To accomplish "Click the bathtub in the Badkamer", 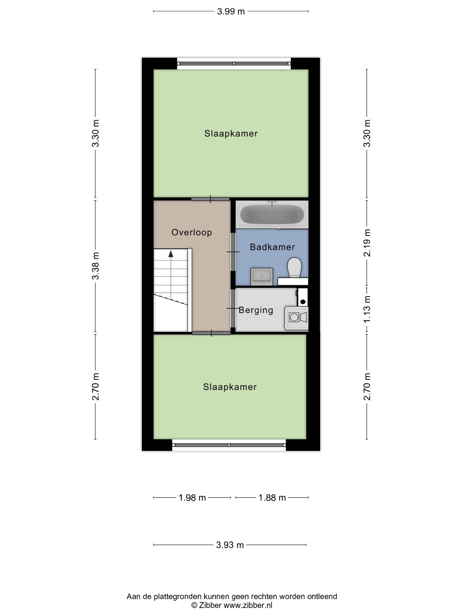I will [272, 214].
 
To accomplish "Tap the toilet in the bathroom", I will [294, 267].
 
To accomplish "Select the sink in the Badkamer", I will [262, 276].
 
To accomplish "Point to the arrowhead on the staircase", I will [171, 254].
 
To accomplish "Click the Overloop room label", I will [192, 233].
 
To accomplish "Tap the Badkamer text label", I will [272, 247].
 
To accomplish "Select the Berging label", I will [256, 310].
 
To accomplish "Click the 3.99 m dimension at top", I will [231, 12].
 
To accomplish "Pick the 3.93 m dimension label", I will [230, 545].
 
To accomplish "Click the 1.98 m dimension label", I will [192, 498].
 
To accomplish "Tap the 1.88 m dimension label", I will [272, 498].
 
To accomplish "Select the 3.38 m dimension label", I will [96, 266].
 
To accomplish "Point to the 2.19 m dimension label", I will [367, 243].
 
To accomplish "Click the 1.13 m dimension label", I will [367, 309].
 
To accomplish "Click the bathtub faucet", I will [272, 203].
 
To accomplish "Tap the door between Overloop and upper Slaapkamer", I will [210, 199].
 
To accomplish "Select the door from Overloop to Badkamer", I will [233, 252].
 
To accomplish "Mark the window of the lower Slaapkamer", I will [229, 445].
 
